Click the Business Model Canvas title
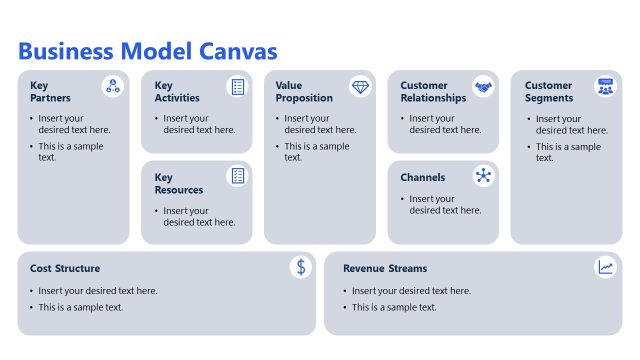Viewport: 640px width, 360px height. click(148, 51)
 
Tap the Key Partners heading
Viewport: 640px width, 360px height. click(50, 92)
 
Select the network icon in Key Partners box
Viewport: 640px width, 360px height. click(113, 87)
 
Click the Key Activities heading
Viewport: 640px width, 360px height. click(177, 92)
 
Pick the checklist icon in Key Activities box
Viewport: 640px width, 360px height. click(237, 87)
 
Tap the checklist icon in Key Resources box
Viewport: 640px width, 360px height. click(237, 177)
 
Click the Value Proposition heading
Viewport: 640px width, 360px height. click(305, 92)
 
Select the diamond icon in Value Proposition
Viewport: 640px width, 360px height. click(360, 87)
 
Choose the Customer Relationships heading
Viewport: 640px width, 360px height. click(433, 92)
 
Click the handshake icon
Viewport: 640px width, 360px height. click(484, 87)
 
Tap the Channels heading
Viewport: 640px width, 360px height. click(423, 178)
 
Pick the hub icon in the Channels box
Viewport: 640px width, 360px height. click(484, 177)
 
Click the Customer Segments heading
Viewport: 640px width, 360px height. click(549, 92)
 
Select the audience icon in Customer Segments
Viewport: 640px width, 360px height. click(606, 87)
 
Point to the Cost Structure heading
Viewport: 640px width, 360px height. click(65, 269)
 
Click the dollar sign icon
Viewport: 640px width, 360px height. click(301, 267)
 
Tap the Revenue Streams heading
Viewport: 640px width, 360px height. click(385, 269)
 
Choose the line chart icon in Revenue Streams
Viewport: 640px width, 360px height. click(606, 267)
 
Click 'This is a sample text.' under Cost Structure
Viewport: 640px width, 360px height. click(81, 308)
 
